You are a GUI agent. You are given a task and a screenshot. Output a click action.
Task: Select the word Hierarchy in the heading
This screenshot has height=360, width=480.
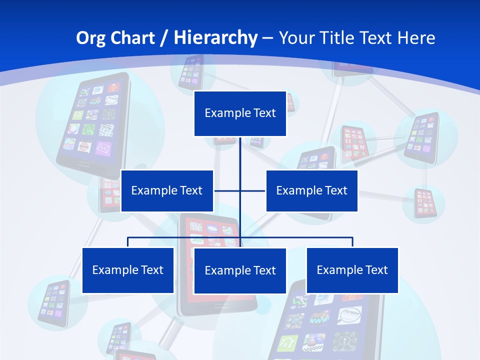(215, 38)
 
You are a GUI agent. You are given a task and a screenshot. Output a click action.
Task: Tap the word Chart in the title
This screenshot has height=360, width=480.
(131, 38)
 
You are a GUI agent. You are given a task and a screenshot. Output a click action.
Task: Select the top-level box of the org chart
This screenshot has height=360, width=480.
(240, 113)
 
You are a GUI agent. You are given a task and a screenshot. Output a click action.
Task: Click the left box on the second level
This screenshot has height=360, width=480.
(167, 190)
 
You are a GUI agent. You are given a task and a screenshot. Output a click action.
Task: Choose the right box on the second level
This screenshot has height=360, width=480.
(311, 190)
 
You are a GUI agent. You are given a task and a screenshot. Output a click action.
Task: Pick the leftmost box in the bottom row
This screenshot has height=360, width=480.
(127, 270)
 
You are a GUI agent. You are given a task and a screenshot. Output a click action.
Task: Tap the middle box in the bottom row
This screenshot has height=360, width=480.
(240, 270)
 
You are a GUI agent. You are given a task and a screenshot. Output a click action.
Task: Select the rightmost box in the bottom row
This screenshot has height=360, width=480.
(352, 270)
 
